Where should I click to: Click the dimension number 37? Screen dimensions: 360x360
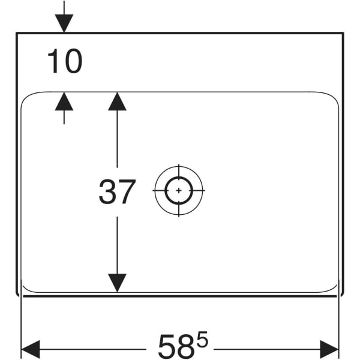pyautogui.click(x=118, y=192)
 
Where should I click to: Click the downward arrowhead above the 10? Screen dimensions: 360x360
pyautogui.click(x=64, y=23)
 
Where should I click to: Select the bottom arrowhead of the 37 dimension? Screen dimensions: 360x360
pyautogui.click(x=117, y=283)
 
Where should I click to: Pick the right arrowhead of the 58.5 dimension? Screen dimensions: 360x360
pyautogui.click(x=329, y=349)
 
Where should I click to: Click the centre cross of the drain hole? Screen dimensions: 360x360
pyautogui.click(x=179, y=190)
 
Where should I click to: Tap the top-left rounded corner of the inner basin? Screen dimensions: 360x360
pyautogui.click(x=26, y=97)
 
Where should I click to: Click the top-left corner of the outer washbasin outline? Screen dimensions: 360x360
pyautogui.click(x=17, y=33)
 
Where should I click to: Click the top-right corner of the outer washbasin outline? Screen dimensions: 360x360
pyautogui.click(x=343, y=33)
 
